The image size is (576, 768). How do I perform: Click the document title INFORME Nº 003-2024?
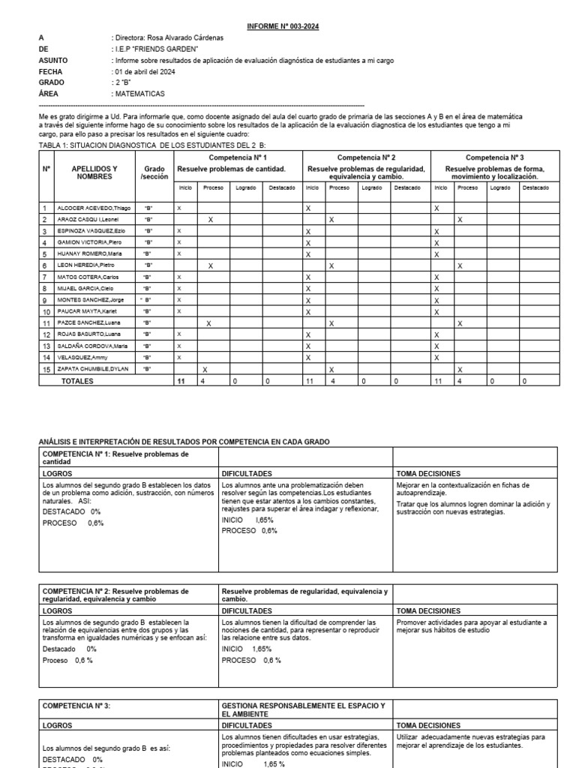(283, 26)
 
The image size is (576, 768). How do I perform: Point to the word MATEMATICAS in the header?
(140, 94)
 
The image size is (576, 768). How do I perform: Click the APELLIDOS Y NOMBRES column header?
(94, 173)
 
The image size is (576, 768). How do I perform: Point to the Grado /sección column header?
(154, 173)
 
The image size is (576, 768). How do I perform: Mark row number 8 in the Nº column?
(45, 289)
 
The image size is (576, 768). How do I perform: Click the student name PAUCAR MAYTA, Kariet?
(85, 312)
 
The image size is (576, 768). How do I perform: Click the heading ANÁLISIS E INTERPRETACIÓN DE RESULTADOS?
(184, 442)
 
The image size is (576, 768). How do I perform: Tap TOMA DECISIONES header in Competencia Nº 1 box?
(425, 474)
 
